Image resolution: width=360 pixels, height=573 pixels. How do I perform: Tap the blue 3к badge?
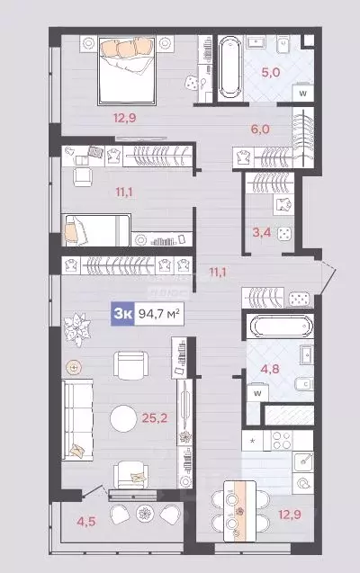(121, 313)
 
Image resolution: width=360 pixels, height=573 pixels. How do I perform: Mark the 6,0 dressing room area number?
(261, 129)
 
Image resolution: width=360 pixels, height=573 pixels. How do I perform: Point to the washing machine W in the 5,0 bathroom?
(303, 92)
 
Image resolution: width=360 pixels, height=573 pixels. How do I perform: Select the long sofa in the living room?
(77, 417)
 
